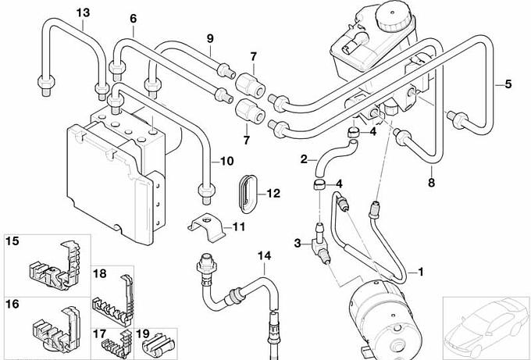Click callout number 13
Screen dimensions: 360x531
pyautogui.click(x=83, y=12)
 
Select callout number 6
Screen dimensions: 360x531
pyautogui.click(x=133, y=18)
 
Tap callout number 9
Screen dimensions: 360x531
pyautogui.click(x=210, y=38)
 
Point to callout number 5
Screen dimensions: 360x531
pyautogui.click(x=508, y=84)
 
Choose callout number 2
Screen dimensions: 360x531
pyautogui.click(x=305, y=160)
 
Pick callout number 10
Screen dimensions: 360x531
pyautogui.click(x=226, y=162)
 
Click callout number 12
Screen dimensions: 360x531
pyautogui.click(x=273, y=193)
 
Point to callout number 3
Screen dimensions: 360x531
pyautogui.click(x=298, y=244)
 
